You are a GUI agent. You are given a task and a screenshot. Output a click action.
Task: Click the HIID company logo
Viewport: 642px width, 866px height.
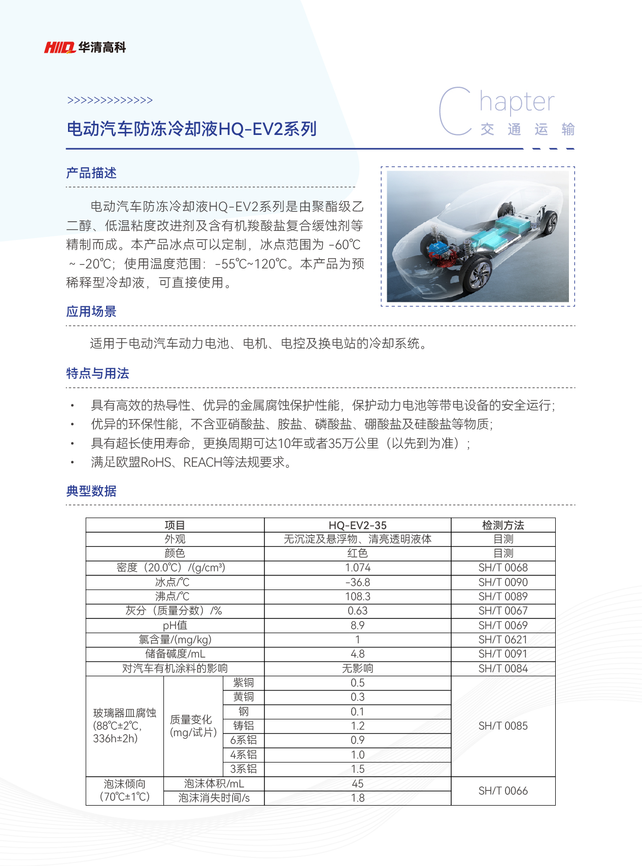[60, 48]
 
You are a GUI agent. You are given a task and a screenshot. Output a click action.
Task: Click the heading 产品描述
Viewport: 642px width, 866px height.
[91, 173]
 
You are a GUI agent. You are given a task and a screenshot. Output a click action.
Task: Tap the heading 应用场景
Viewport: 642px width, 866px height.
[91, 311]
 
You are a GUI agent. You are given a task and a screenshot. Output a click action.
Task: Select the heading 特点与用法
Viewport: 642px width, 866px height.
[97, 373]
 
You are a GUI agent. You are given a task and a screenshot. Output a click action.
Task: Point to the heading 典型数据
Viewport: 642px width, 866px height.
[91, 491]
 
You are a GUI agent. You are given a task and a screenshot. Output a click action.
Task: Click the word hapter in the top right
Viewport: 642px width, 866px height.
[517, 102]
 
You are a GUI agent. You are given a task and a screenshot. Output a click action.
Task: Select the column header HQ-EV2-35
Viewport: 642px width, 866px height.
[357, 525]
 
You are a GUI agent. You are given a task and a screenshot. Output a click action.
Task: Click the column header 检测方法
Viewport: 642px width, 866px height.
[503, 525]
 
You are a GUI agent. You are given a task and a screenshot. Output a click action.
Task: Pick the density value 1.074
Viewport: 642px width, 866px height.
[357, 568]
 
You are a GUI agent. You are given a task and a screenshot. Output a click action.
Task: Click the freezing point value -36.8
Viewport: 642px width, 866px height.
[357, 582]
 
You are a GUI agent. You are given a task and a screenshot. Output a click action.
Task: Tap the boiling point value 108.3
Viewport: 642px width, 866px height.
[357, 597]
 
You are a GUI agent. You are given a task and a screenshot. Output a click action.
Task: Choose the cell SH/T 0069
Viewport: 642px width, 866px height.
[503, 626]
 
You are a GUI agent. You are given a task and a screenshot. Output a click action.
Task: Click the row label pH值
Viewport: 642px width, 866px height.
[175, 626]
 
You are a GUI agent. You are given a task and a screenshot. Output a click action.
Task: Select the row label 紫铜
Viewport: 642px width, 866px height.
[244, 683]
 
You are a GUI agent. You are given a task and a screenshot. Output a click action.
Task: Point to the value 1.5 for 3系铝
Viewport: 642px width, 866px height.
[357, 769]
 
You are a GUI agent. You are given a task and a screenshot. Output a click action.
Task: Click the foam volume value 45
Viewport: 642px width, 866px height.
[357, 784]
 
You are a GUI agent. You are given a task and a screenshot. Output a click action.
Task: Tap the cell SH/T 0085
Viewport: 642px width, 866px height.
[503, 726]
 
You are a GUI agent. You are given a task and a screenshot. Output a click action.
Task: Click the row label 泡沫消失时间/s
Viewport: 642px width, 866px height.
[214, 798]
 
